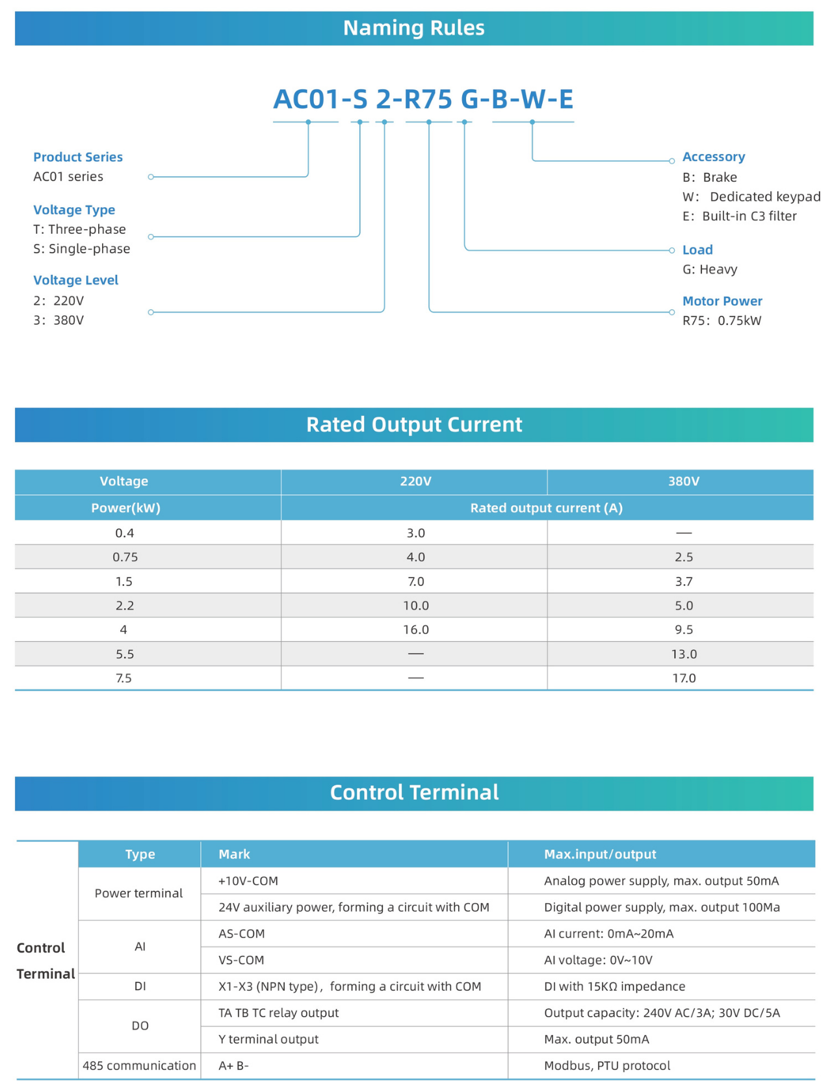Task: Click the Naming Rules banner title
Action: tap(413, 28)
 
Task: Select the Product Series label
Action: tap(78, 157)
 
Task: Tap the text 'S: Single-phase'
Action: tap(82, 249)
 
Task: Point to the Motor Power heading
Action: tap(722, 301)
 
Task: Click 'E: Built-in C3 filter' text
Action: tap(740, 216)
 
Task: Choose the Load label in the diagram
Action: tap(697, 250)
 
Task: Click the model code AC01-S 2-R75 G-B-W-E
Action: tap(423, 99)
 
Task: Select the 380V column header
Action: tap(684, 481)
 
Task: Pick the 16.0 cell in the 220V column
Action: tap(416, 630)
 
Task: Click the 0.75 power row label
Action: tap(125, 557)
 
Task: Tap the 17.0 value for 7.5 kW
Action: tap(684, 678)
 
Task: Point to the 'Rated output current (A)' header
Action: tap(546, 508)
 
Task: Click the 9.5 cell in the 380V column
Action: tap(684, 630)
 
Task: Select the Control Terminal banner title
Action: tap(414, 793)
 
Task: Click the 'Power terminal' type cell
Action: tap(138, 893)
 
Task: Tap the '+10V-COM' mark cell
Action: tap(248, 881)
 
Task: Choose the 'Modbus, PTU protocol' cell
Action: tap(607, 1066)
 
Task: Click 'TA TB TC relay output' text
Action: tap(279, 1013)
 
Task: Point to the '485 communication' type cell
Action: tap(139, 1066)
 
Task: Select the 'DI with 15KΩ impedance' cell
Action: tap(614, 986)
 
